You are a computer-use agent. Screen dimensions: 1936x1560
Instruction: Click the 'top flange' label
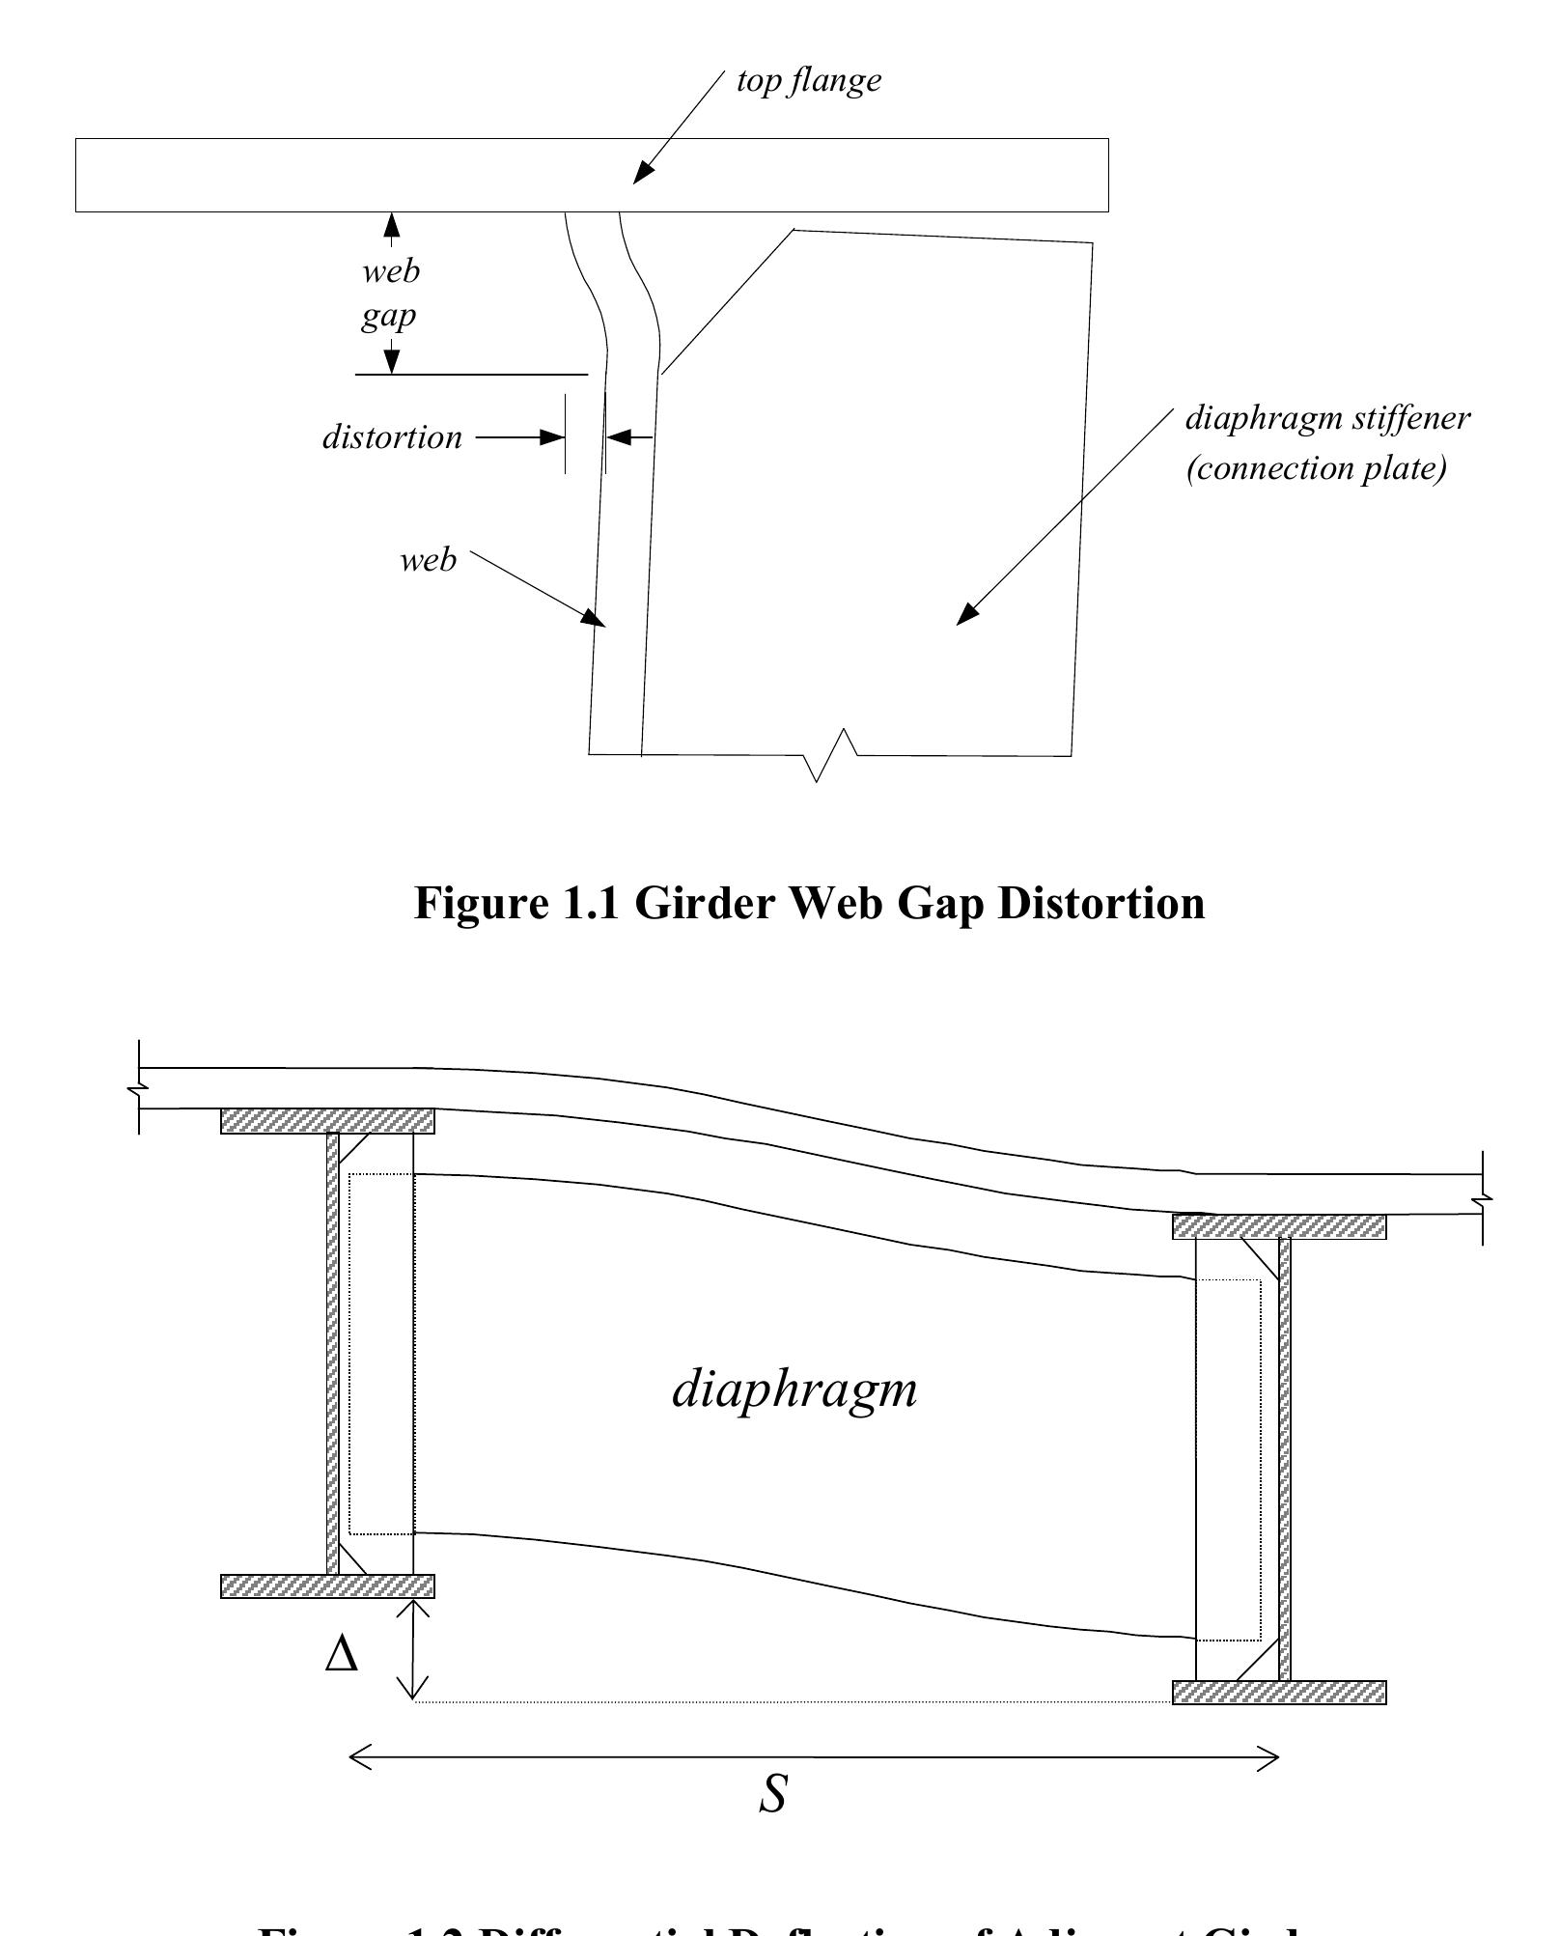click(x=808, y=80)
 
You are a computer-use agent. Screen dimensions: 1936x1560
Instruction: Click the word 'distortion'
click(x=392, y=437)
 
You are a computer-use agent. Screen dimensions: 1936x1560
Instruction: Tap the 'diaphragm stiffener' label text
click(x=1326, y=418)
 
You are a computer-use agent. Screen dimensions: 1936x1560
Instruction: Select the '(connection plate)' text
click(x=1316, y=468)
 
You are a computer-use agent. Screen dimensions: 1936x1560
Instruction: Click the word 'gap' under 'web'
click(x=388, y=316)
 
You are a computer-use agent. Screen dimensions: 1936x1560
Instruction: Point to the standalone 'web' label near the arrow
click(x=428, y=560)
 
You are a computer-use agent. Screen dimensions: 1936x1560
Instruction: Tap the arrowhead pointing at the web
click(x=595, y=619)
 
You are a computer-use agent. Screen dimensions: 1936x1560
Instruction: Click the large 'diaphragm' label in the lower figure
click(x=794, y=1390)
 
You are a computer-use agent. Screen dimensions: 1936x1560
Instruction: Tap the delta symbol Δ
click(x=341, y=1654)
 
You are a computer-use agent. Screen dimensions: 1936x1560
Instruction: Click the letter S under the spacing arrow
click(x=772, y=1794)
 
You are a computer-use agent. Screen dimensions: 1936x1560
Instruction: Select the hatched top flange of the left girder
click(x=327, y=1121)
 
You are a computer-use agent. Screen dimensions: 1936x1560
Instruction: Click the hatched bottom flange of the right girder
click(x=1279, y=1693)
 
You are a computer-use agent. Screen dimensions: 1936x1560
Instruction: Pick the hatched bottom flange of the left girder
click(x=327, y=1586)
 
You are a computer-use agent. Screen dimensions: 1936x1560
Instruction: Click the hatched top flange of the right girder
click(x=1279, y=1227)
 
